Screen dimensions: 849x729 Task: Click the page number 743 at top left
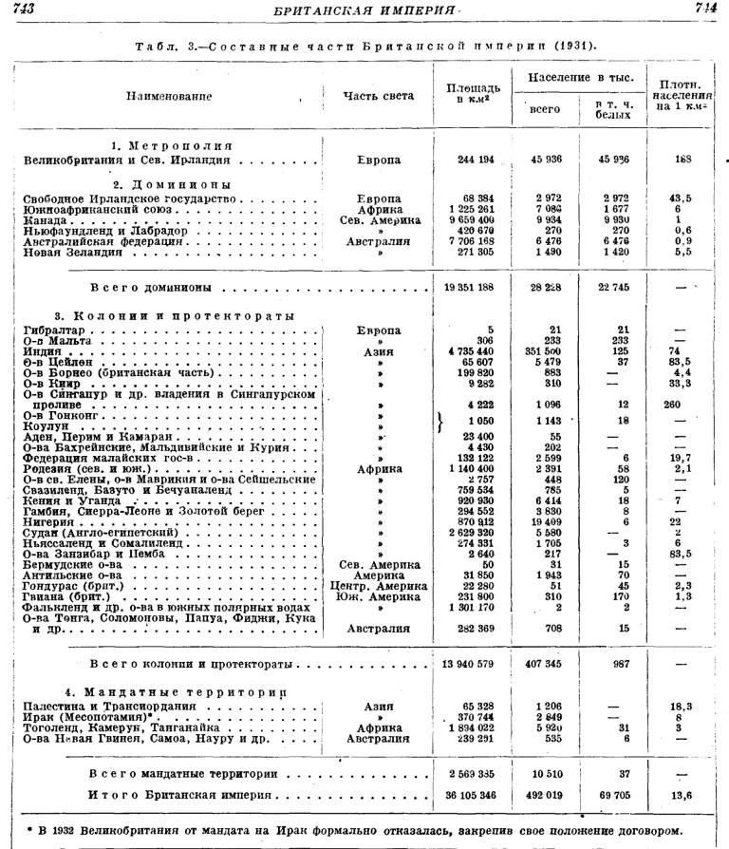click(x=20, y=9)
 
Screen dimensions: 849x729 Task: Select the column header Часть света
click(x=379, y=95)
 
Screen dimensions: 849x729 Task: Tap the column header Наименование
click(x=170, y=96)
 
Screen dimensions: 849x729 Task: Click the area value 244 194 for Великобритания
click(x=472, y=160)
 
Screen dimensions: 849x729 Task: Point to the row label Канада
click(x=46, y=220)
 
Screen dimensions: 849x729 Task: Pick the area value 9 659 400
click(x=471, y=220)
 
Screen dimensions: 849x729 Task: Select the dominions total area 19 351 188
click(x=471, y=286)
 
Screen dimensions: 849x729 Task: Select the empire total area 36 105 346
click(x=472, y=795)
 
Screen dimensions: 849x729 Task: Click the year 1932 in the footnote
click(x=63, y=830)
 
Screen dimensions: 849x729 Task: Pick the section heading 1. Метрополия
click(x=170, y=146)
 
